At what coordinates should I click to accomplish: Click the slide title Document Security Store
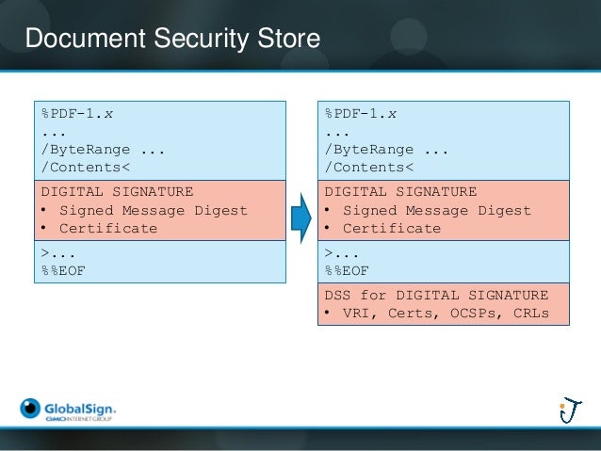(x=172, y=39)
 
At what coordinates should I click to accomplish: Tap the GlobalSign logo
(x=68, y=410)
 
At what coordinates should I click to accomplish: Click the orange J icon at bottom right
(x=568, y=411)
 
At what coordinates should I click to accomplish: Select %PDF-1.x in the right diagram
(x=361, y=115)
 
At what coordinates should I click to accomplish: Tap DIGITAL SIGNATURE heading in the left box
(x=117, y=191)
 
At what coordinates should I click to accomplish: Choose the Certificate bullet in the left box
(x=108, y=228)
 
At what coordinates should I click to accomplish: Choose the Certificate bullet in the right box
(x=392, y=228)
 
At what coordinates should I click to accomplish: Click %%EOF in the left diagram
(x=60, y=271)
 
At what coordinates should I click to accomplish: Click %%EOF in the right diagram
(x=345, y=271)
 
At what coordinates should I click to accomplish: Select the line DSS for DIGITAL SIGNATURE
(x=436, y=295)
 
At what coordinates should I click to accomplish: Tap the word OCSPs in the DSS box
(x=472, y=313)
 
